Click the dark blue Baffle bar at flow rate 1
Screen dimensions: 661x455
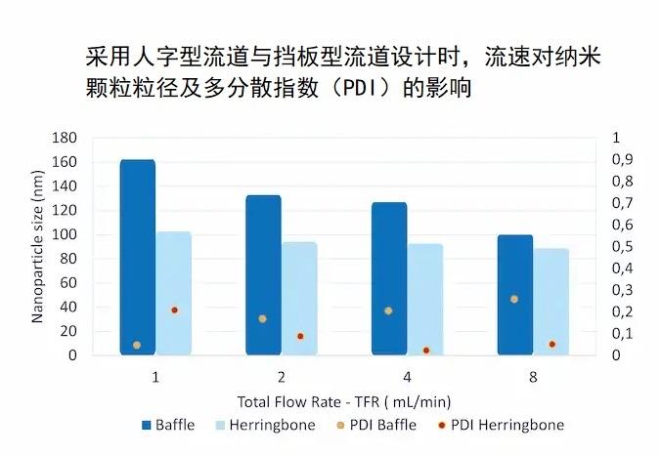point(138,257)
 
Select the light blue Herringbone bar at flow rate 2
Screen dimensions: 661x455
point(299,299)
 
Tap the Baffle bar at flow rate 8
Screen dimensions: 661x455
point(515,295)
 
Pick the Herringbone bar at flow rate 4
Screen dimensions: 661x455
point(425,299)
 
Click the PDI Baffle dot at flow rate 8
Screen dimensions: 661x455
point(514,299)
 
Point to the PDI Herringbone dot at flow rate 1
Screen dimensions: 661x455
point(174,310)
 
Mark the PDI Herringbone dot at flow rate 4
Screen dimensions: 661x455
point(426,351)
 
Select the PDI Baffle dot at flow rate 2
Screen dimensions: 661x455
point(262,318)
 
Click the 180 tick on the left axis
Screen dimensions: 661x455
point(65,138)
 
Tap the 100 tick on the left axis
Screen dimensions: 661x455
point(65,234)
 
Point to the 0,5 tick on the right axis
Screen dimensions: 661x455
point(622,246)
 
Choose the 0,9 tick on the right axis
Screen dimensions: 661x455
point(622,159)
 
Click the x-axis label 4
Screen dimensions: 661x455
point(407,377)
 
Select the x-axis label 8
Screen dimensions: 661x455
point(533,377)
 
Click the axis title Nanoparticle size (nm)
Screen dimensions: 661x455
point(37,247)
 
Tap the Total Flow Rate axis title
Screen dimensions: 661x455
point(344,402)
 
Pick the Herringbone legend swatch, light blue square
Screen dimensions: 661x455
point(220,425)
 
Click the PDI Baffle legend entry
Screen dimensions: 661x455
point(378,425)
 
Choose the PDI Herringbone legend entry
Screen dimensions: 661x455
point(502,425)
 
